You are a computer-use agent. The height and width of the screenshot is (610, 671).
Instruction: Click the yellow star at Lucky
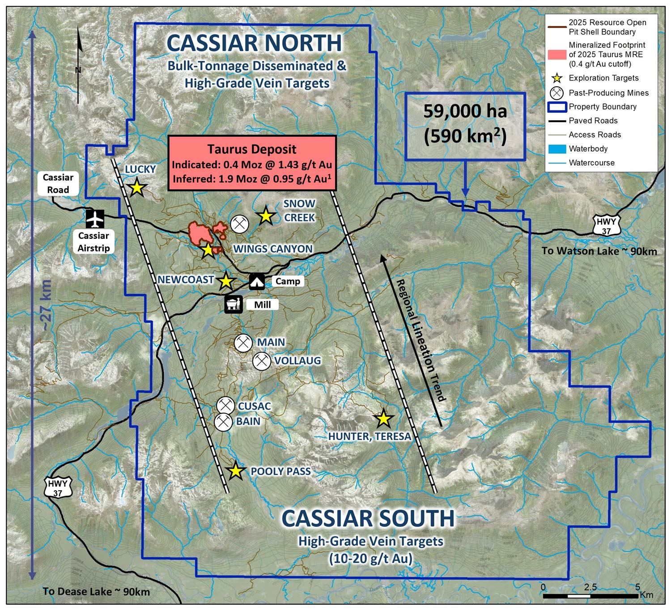[x=137, y=187]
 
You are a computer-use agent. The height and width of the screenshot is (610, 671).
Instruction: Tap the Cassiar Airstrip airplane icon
[x=95, y=219]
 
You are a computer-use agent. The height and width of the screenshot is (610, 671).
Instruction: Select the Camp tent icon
[x=257, y=281]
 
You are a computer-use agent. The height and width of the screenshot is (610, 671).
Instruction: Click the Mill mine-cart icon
[x=234, y=305]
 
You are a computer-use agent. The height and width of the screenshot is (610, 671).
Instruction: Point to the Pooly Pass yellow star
[x=235, y=471]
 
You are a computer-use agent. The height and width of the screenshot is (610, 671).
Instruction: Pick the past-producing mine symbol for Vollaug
[x=262, y=361]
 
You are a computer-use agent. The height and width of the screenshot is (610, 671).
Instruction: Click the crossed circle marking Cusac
[x=225, y=406]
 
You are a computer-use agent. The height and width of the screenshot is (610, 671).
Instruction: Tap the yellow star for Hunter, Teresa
[x=383, y=419]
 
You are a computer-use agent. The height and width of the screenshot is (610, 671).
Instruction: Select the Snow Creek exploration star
[x=266, y=216]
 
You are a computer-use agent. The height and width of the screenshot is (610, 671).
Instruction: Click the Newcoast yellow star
[x=226, y=281]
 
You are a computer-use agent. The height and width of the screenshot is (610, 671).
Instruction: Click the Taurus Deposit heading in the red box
[x=252, y=149]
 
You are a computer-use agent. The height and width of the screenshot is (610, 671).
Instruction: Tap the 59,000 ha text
[x=465, y=111]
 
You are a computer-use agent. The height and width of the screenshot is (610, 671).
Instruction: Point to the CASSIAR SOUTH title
[x=368, y=519]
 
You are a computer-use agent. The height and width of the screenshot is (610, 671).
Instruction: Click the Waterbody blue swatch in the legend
[x=557, y=149]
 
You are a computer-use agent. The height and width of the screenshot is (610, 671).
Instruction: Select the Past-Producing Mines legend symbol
[x=557, y=93]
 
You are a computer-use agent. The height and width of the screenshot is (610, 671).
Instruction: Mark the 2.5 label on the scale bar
[x=590, y=587]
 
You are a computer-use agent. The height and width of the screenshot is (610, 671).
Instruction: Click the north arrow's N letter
[x=78, y=70]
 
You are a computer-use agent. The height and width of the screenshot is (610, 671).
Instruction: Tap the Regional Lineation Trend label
[x=421, y=340]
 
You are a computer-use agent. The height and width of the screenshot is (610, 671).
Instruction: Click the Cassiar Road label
[x=58, y=183]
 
